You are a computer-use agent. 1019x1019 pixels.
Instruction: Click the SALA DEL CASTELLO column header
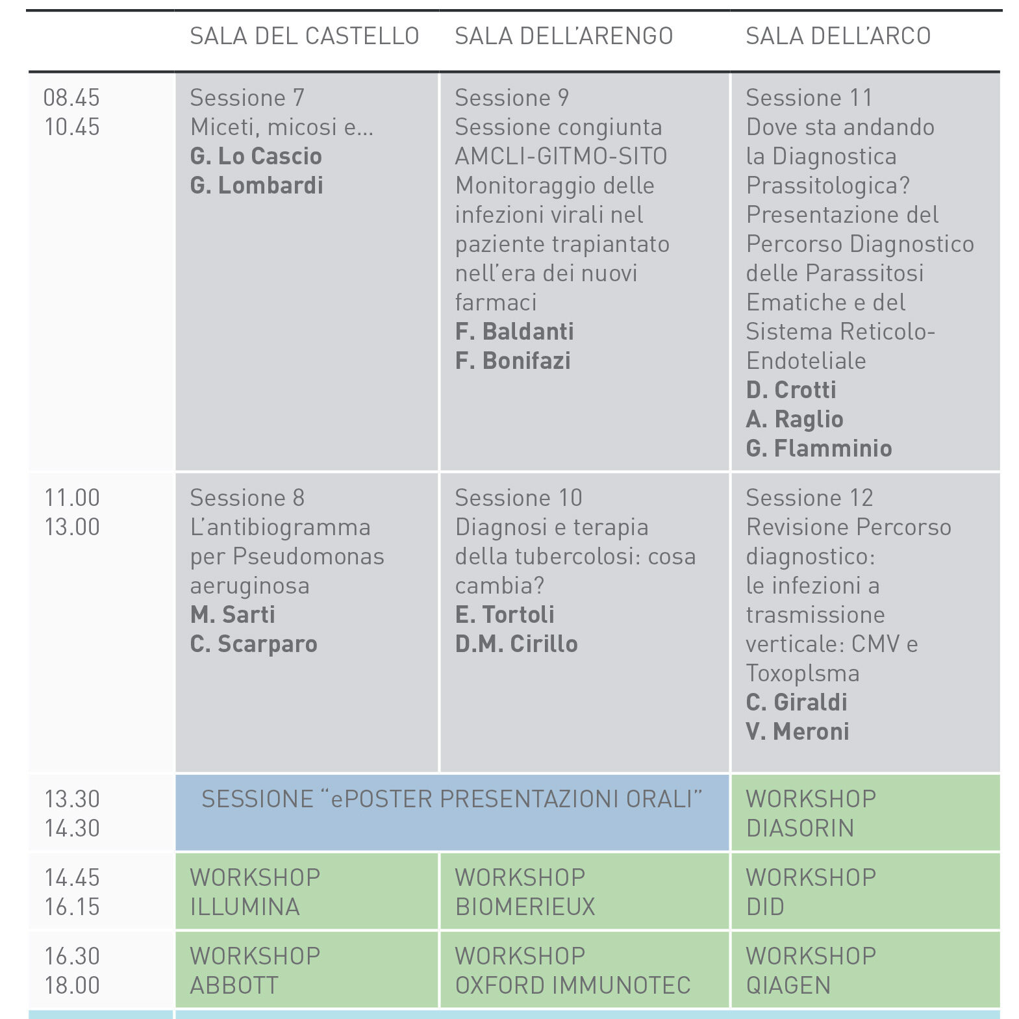coord(304,36)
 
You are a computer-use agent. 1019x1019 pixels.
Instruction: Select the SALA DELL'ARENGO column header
coord(564,36)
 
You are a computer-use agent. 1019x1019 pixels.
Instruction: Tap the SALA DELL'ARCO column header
coord(838,36)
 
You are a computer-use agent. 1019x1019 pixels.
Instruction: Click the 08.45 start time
coord(71,98)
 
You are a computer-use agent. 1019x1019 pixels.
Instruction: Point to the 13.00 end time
coord(71,527)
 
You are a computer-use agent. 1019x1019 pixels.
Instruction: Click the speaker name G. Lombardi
coord(257,186)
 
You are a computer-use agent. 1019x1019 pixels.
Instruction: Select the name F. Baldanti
coord(514,332)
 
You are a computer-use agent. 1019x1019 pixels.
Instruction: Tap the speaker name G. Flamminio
coord(819,449)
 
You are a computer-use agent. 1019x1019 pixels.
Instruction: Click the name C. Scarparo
coord(254,644)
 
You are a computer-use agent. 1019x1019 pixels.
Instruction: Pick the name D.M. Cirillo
coord(516,644)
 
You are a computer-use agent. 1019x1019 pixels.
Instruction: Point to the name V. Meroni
coord(798,732)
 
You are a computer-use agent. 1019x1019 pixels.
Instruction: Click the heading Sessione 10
coord(518,498)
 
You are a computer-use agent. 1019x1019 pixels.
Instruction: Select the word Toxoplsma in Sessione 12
coord(802,673)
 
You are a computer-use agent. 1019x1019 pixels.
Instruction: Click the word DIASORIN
coord(800,829)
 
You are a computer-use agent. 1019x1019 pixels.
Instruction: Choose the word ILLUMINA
coord(245,907)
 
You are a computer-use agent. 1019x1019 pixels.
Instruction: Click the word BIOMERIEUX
coord(525,907)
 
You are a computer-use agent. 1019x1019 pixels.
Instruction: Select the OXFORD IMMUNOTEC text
coord(572,986)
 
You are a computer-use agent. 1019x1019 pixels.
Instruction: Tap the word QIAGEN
coord(788,986)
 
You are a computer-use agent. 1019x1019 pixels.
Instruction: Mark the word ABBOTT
coord(234,986)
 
